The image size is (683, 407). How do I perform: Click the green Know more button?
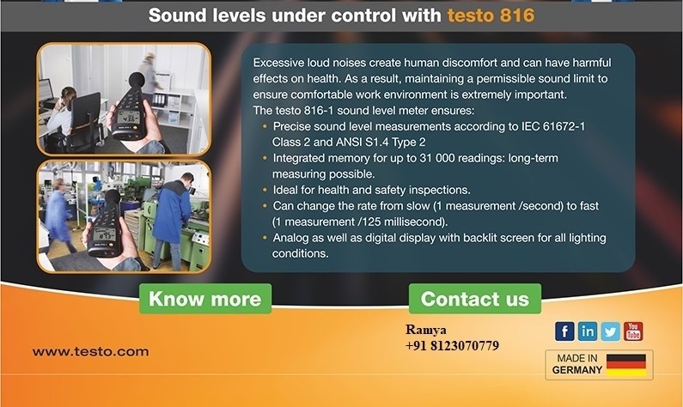pyautogui.click(x=205, y=299)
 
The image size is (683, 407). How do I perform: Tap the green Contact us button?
pyautogui.click(x=475, y=299)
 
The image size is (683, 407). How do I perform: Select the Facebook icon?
pyautogui.click(x=564, y=331)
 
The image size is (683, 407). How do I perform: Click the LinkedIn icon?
pyautogui.click(x=587, y=331)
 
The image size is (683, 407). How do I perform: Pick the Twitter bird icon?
pyautogui.click(x=610, y=331)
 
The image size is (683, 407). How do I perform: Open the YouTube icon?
pyautogui.click(x=633, y=331)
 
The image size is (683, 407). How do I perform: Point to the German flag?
pyautogui.click(x=626, y=365)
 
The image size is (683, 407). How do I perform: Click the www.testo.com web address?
pyautogui.click(x=90, y=352)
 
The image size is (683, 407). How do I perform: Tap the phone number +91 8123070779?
pyautogui.click(x=452, y=346)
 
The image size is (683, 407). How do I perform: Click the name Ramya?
pyautogui.click(x=426, y=330)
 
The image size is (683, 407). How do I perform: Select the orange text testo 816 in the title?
pyautogui.click(x=491, y=15)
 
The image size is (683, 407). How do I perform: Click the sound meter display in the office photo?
pyautogui.click(x=128, y=117)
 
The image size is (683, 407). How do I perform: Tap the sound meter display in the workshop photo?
pyautogui.click(x=105, y=235)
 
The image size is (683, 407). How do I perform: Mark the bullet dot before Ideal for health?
pyautogui.click(x=265, y=191)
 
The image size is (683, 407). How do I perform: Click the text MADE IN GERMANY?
pyautogui.click(x=577, y=364)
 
